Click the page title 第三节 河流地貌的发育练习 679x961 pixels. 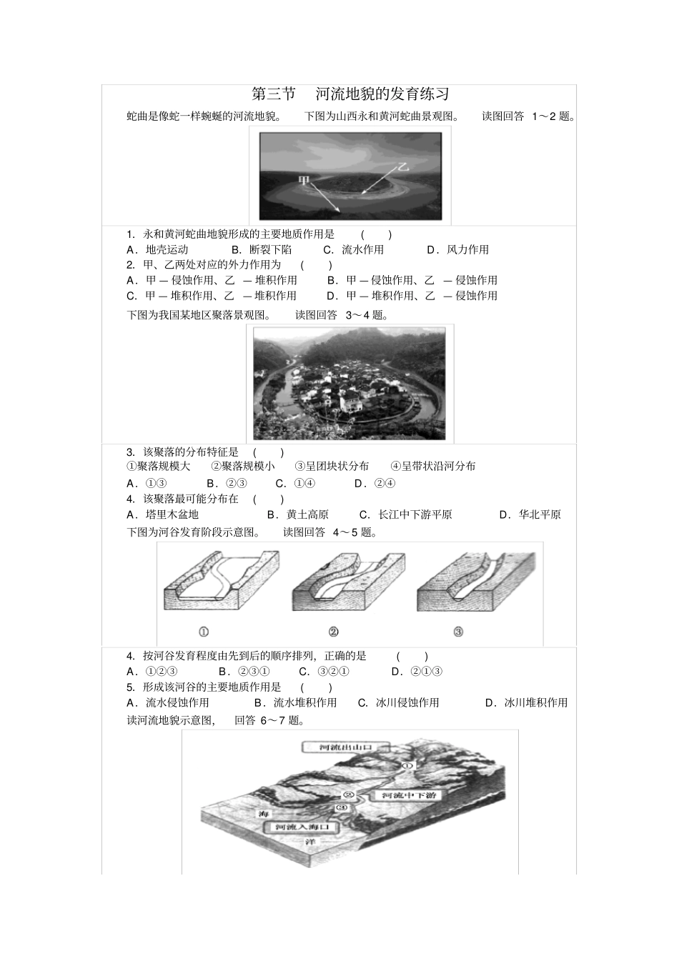click(x=350, y=94)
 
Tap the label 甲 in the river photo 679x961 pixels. click(x=304, y=181)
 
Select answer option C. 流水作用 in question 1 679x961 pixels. click(x=353, y=249)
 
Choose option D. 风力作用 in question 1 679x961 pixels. click(x=457, y=249)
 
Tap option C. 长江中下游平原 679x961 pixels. click(x=405, y=514)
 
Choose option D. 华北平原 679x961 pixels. click(x=530, y=514)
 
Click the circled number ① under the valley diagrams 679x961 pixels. click(x=204, y=632)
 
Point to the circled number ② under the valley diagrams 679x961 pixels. click(x=333, y=632)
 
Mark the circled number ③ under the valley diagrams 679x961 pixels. click(x=458, y=632)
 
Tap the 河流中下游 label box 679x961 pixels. click(x=408, y=795)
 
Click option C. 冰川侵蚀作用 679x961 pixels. click(x=398, y=703)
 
